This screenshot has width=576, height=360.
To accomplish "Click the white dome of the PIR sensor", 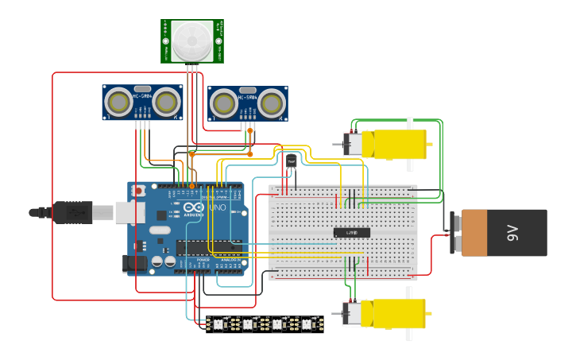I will coord(191,40).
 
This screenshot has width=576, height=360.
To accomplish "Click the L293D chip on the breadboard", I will coord(351,232).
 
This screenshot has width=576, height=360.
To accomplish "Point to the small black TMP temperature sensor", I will coord(291,161).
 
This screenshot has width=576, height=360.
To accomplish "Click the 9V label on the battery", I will coord(512,233).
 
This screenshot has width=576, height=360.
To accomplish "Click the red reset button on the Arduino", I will coord(140,191).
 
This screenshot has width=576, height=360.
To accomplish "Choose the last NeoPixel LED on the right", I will coord(308,323).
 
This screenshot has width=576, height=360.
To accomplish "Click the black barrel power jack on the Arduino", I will coord(133,264).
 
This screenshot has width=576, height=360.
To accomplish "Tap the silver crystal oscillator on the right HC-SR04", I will coord(248,90).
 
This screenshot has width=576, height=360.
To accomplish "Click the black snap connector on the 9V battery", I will coord(455,233).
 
